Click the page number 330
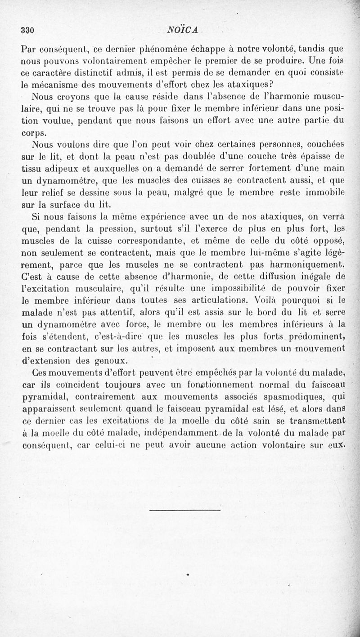(x=28, y=31)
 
